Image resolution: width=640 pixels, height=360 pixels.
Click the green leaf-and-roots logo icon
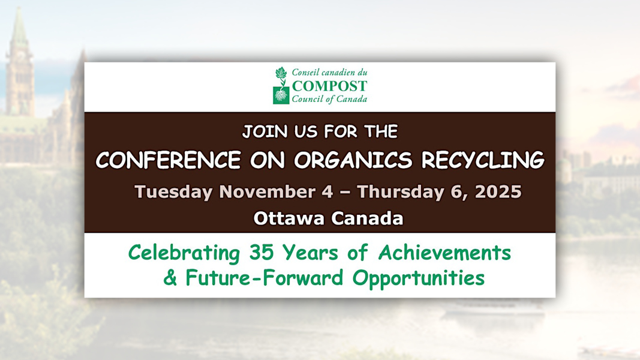tap(280, 86)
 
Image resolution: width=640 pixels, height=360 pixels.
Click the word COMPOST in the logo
tap(329, 86)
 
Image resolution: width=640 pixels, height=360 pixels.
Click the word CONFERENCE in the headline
tap(168, 160)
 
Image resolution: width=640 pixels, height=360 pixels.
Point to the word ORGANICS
tap(353, 160)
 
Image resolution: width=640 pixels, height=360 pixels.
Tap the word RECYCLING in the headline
tap(483, 160)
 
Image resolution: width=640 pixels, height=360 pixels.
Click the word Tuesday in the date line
tap(173, 192)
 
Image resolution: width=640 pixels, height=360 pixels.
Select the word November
tap(266, 191)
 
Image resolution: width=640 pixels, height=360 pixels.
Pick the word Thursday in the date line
tap(398, 192)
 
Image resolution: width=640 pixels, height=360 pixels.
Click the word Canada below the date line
tap(367, 218)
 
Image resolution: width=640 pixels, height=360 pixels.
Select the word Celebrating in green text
tap(184, 253)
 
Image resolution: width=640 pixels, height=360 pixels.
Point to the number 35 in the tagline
tap(261, 253)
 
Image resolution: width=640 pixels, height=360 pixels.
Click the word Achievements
tap(444, 253)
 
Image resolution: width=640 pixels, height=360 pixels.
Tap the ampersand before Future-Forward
tap(170, 278)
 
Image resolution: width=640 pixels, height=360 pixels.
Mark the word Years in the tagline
tap(311, 253)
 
